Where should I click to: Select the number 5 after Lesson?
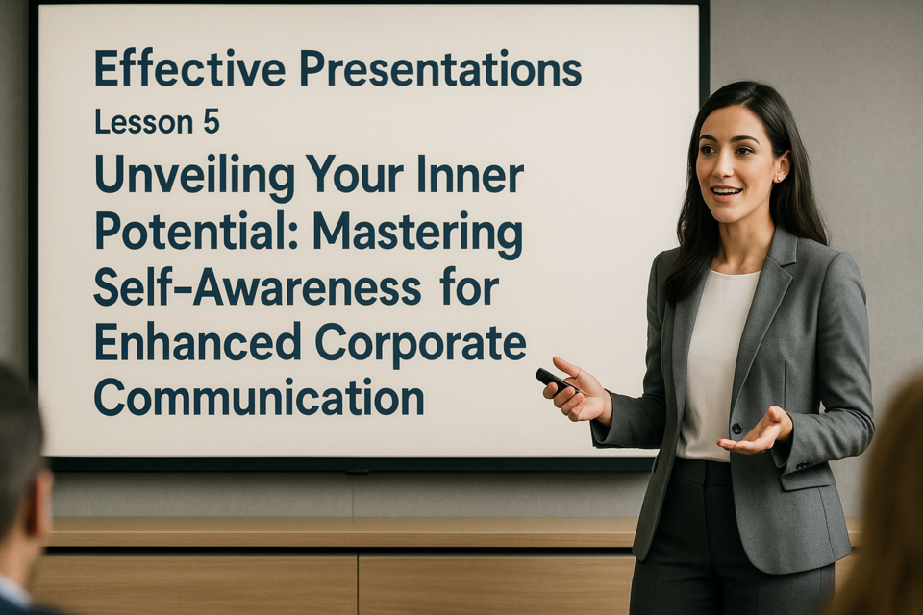(211, 122)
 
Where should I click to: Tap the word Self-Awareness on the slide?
(258, 287)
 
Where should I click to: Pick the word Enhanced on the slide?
(198, 342)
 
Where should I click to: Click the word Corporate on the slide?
(421, 344)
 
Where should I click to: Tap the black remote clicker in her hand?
(556, 381)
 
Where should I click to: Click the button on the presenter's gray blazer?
(736, 428)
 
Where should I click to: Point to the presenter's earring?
(779, 177)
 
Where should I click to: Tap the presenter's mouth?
(726, 192)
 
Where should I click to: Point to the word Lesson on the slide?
(144, 122)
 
